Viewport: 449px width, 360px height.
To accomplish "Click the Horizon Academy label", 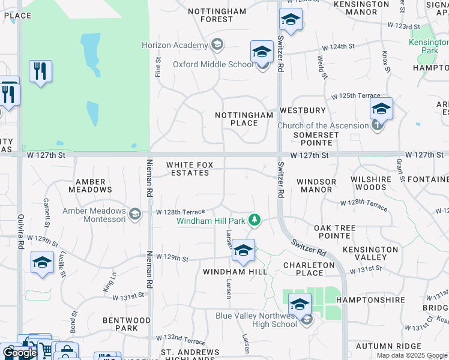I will [x=175, y=45].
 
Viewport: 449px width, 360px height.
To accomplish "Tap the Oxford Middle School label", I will [x=213, y=65].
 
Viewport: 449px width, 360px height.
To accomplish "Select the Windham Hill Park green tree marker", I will [x=255, y=220].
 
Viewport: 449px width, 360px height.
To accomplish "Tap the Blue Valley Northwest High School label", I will [x=256, y=320].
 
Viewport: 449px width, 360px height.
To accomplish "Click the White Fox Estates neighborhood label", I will [x=188, y=169].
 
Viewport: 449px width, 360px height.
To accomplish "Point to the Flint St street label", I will [x=158, y=67].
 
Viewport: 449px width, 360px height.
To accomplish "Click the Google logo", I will [x=19, y=353].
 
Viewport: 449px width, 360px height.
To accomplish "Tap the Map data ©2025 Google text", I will [x=411, y=355].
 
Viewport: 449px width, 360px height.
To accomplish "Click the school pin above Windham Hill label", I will [x=243, y=251].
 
